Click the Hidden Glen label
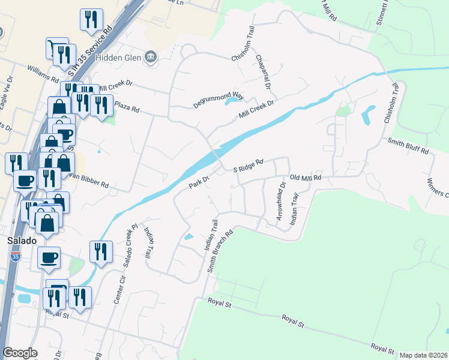(122, 58)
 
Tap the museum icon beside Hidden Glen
(151, 58)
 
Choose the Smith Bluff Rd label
(408, 145)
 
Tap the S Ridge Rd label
(249, 166)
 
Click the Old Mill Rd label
(306, 178)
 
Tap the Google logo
(20, 353)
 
